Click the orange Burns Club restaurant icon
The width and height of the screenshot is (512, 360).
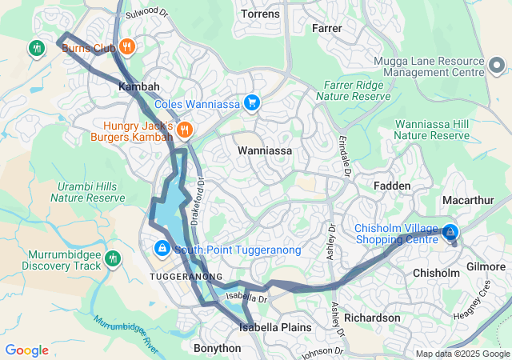click(x=127, y=47)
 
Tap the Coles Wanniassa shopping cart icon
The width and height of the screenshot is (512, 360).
click(x=252, y=102)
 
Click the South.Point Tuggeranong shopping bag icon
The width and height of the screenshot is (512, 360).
click(x=162, y=250)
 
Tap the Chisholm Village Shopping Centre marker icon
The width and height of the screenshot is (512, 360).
click(x=450, y=233)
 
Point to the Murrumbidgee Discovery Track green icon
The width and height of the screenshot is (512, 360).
click(x=112, y=258)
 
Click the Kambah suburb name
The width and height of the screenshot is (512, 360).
click(x=139, y=86)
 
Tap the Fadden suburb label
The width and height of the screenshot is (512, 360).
click(x=392, y=186)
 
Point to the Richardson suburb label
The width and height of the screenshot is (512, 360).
click(x=374, y=318)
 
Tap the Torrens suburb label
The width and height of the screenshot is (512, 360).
click(x=261, y=14)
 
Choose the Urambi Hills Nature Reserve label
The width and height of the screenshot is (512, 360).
click(x=88, y=192)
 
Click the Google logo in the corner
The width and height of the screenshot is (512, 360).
click(x=27, y=350)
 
